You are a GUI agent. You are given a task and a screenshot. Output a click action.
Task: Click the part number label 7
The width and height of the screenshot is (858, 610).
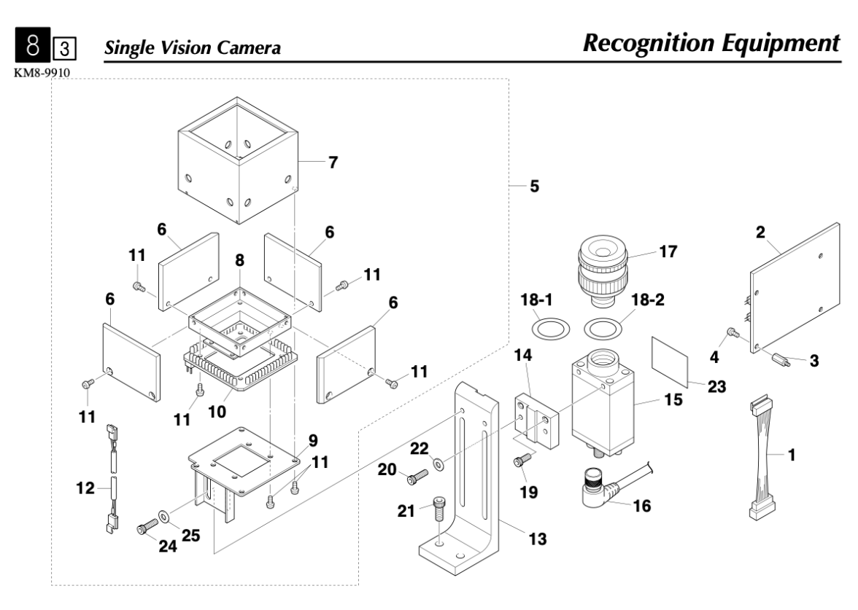(332, 163)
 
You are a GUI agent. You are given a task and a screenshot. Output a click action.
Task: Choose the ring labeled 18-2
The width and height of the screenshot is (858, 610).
(603, 326)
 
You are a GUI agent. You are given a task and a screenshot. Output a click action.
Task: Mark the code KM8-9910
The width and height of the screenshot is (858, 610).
(36, 74)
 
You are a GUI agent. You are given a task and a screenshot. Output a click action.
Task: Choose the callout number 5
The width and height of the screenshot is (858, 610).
(534, 187)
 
